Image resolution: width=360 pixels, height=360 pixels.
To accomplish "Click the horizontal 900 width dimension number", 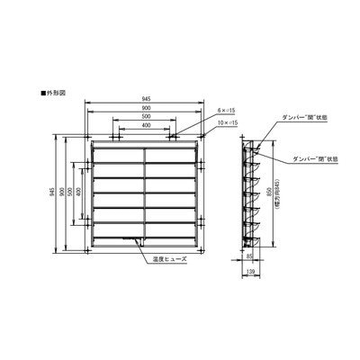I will pyautogui.click(x=144, y=109).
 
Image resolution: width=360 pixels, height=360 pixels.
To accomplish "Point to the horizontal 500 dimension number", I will pyautogui.click(x=144, y=116).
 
